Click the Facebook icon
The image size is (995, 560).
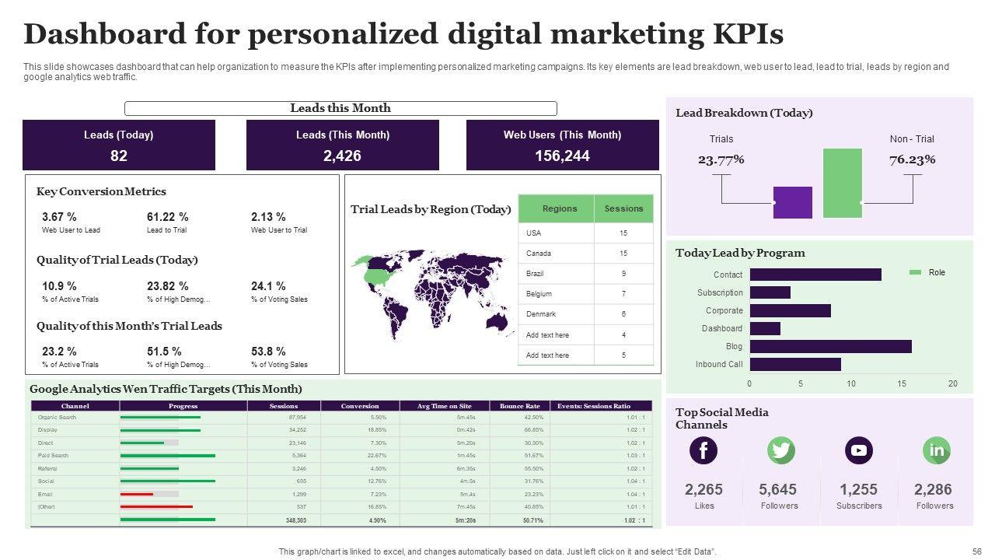[703, 450]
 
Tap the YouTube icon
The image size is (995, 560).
[858, 450]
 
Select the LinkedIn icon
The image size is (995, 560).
[936, 450]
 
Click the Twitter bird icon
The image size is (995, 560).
[780, 450]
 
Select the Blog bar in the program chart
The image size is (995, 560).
[830, 347]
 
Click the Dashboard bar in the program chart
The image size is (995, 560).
[765, 329]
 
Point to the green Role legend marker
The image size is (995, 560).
[915, 272]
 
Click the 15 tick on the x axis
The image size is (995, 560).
[902, 383]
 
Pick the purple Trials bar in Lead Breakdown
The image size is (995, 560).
[793, 202]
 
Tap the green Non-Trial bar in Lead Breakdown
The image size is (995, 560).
[843, 183]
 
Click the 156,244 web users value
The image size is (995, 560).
[562, 156]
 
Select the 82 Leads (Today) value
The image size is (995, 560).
[119, 156]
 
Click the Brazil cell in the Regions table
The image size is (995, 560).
[534, 274]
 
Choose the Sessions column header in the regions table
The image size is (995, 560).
[623, 208]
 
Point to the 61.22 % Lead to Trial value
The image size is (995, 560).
[167, 217]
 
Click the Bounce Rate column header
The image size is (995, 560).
[519, 406]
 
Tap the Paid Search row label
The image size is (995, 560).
[54, 456]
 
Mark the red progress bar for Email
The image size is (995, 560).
[137, 495]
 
